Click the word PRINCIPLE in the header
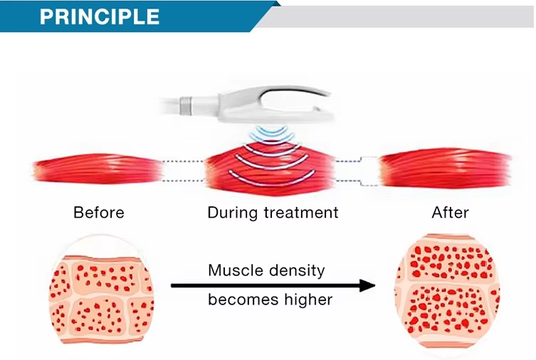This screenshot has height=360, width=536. [x=100, y=16]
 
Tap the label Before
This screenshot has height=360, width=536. [x=99, y=213]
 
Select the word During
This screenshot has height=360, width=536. [x=233, y=212]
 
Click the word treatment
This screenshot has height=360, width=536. [x=301, y=213]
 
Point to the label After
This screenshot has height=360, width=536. [x=450, y=213]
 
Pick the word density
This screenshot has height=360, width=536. [x=296, y=271]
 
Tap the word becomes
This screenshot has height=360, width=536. [x=243, y=300]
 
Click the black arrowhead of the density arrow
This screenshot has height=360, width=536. [x=367, y=285]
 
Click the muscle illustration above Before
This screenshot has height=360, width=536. [x=98, y=169]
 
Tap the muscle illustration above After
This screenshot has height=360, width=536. [x=446, y=168]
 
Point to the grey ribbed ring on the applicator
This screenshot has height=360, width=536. [x=185, y=105]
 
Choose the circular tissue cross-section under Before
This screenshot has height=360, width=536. [x=101, y=295]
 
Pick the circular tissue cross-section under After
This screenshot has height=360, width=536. [x=447, y=292]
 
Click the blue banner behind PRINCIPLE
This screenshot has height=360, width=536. [x=137, y=16]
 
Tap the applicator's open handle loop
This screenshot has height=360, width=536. [x=294, y=90]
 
